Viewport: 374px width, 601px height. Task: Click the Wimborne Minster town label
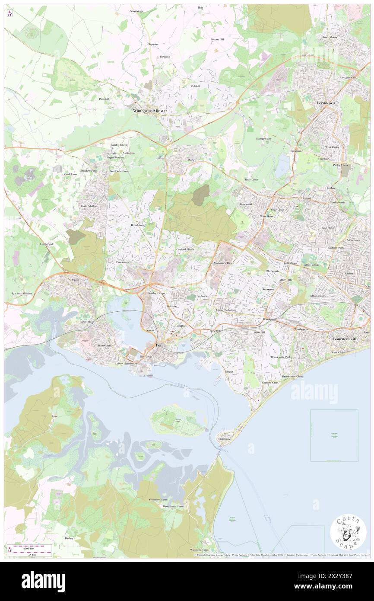click(149, 111)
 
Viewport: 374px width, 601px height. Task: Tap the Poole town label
click(160, 345)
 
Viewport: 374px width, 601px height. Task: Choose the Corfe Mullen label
click(89, 206)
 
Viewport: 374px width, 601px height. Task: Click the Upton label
click(76, 280)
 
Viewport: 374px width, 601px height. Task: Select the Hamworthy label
click(105, 346)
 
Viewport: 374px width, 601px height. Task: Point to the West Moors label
click(330, 38)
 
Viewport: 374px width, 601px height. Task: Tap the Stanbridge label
click(140, 11)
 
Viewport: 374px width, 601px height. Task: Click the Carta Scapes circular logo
click(348, 533)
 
